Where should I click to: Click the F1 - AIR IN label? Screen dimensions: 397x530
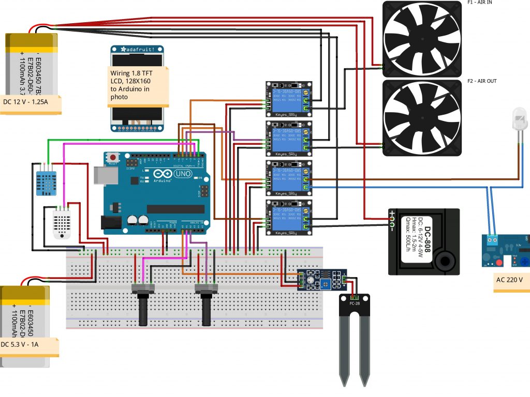(480, 2)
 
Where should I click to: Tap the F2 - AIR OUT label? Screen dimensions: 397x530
(482, 81)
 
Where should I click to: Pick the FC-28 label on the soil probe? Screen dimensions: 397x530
(355, 303)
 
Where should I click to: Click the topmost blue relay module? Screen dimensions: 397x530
(289, 97)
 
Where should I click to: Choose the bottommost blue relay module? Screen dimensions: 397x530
(289, 218)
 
